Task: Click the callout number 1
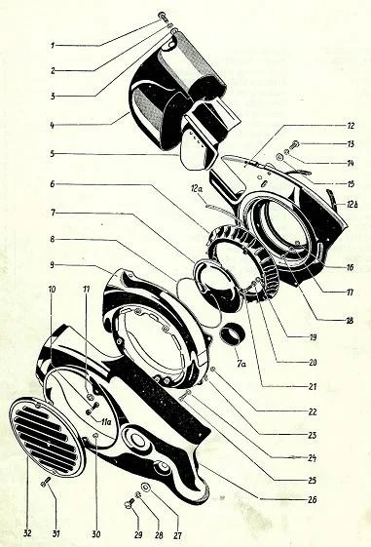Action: pyautogui.click(x=53, y=46)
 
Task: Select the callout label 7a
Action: pyautogui.click(x=241, y=365)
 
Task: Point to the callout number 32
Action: pyautogui.click(x=27, y=533)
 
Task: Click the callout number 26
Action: pyautogui.click(x=313, y=499)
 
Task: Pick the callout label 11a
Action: pyautogui.click(x=105, y=422)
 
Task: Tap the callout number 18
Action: pyautogui.click(x=350, y=320)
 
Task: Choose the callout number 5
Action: pyautogui.click(x=53, y=154)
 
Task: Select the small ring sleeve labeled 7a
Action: pyautogui.click(x=232, y=334)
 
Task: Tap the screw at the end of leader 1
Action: pyautogui.click(x=163, y=16)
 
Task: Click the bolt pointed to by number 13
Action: pyautogui.click(x=295, y=143)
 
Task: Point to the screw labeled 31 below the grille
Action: pyautogui.click(x=46, y=482)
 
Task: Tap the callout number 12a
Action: pyautogui.click(x=197, y=190)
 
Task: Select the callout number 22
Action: pyautogui.click(x=313, y=411)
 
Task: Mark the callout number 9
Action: pyautogui.click(x=52, y=265)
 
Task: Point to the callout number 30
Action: pyautogui.click(x=96, y=534)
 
